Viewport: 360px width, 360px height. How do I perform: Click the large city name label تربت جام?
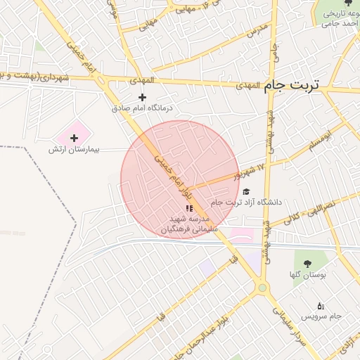[291, 86]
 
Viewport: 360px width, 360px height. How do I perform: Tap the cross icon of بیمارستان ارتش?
[74, 138]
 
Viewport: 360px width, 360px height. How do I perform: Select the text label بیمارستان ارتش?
[75, 150]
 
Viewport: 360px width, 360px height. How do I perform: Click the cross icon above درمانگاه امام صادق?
[142, 98]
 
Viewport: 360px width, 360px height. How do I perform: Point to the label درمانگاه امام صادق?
[147, 109]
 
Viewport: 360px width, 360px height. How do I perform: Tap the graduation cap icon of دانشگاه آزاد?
[245, 191]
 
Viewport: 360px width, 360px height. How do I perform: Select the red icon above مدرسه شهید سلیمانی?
[188, 208]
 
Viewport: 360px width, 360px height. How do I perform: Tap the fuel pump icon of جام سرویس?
[321, 305]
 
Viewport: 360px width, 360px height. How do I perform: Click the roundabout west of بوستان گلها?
[262, 287]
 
